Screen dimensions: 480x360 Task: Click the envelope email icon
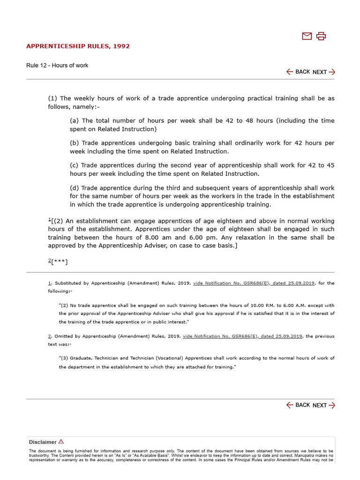coord(307,36)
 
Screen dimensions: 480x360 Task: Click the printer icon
coord(321,36)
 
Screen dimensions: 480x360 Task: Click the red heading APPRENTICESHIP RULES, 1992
coord(78,46)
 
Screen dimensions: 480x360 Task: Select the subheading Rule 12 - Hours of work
coord(57,65)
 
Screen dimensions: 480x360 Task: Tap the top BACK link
coord(298,72)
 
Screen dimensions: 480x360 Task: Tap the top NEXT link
coord(324,72)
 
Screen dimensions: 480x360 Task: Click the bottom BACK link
coord(298,405)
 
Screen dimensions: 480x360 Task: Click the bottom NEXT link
coord(324,405)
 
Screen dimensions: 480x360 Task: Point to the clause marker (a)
coord(74,120)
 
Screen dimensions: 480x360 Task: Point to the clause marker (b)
coord(74,143)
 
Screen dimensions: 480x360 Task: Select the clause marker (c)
coord(74,165)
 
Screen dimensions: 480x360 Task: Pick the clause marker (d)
coord(74,188)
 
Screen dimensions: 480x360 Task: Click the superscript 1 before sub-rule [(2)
coord(49,219)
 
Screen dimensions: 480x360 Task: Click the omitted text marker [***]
coord(60,262)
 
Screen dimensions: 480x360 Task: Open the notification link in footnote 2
coord(243,336)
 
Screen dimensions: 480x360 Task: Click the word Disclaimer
coord(43,442)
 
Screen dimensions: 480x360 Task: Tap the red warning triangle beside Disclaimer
coord(61,442)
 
